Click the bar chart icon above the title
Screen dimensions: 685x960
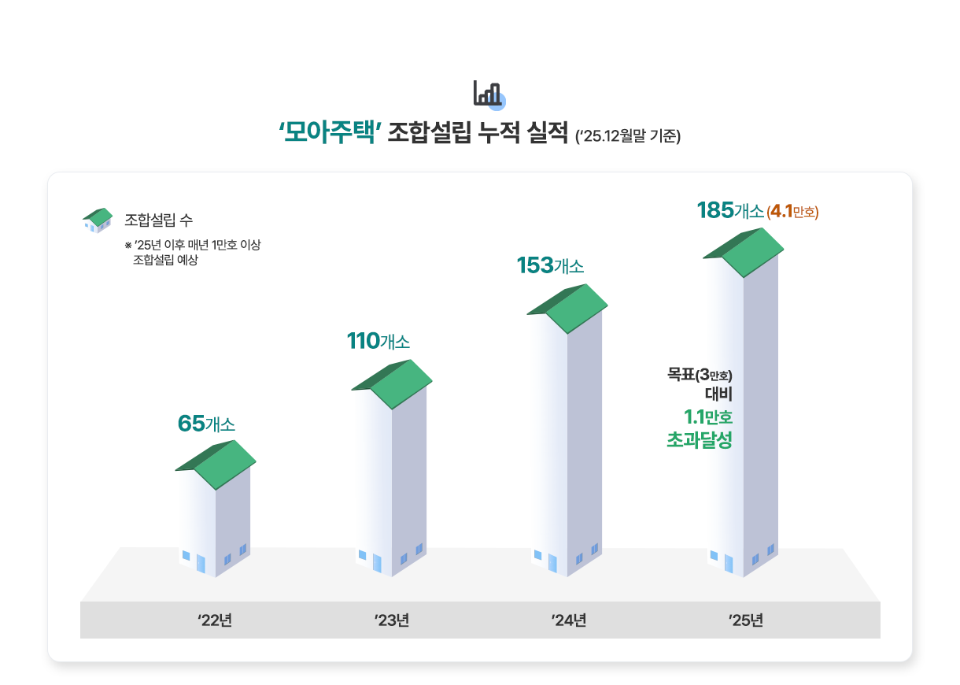point(489,94)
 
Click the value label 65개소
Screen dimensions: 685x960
point(207,424)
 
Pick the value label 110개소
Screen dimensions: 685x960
point(378,342)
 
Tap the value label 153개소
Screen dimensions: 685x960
point(550,266)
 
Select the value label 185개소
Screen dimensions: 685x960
point(729,211)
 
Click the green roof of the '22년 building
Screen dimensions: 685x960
point(220,465)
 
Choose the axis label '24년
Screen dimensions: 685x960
point(569,620)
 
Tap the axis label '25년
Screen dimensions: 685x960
point(746,620)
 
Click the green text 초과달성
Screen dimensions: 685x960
point(700,440)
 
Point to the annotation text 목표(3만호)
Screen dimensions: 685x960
point(700,374)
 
